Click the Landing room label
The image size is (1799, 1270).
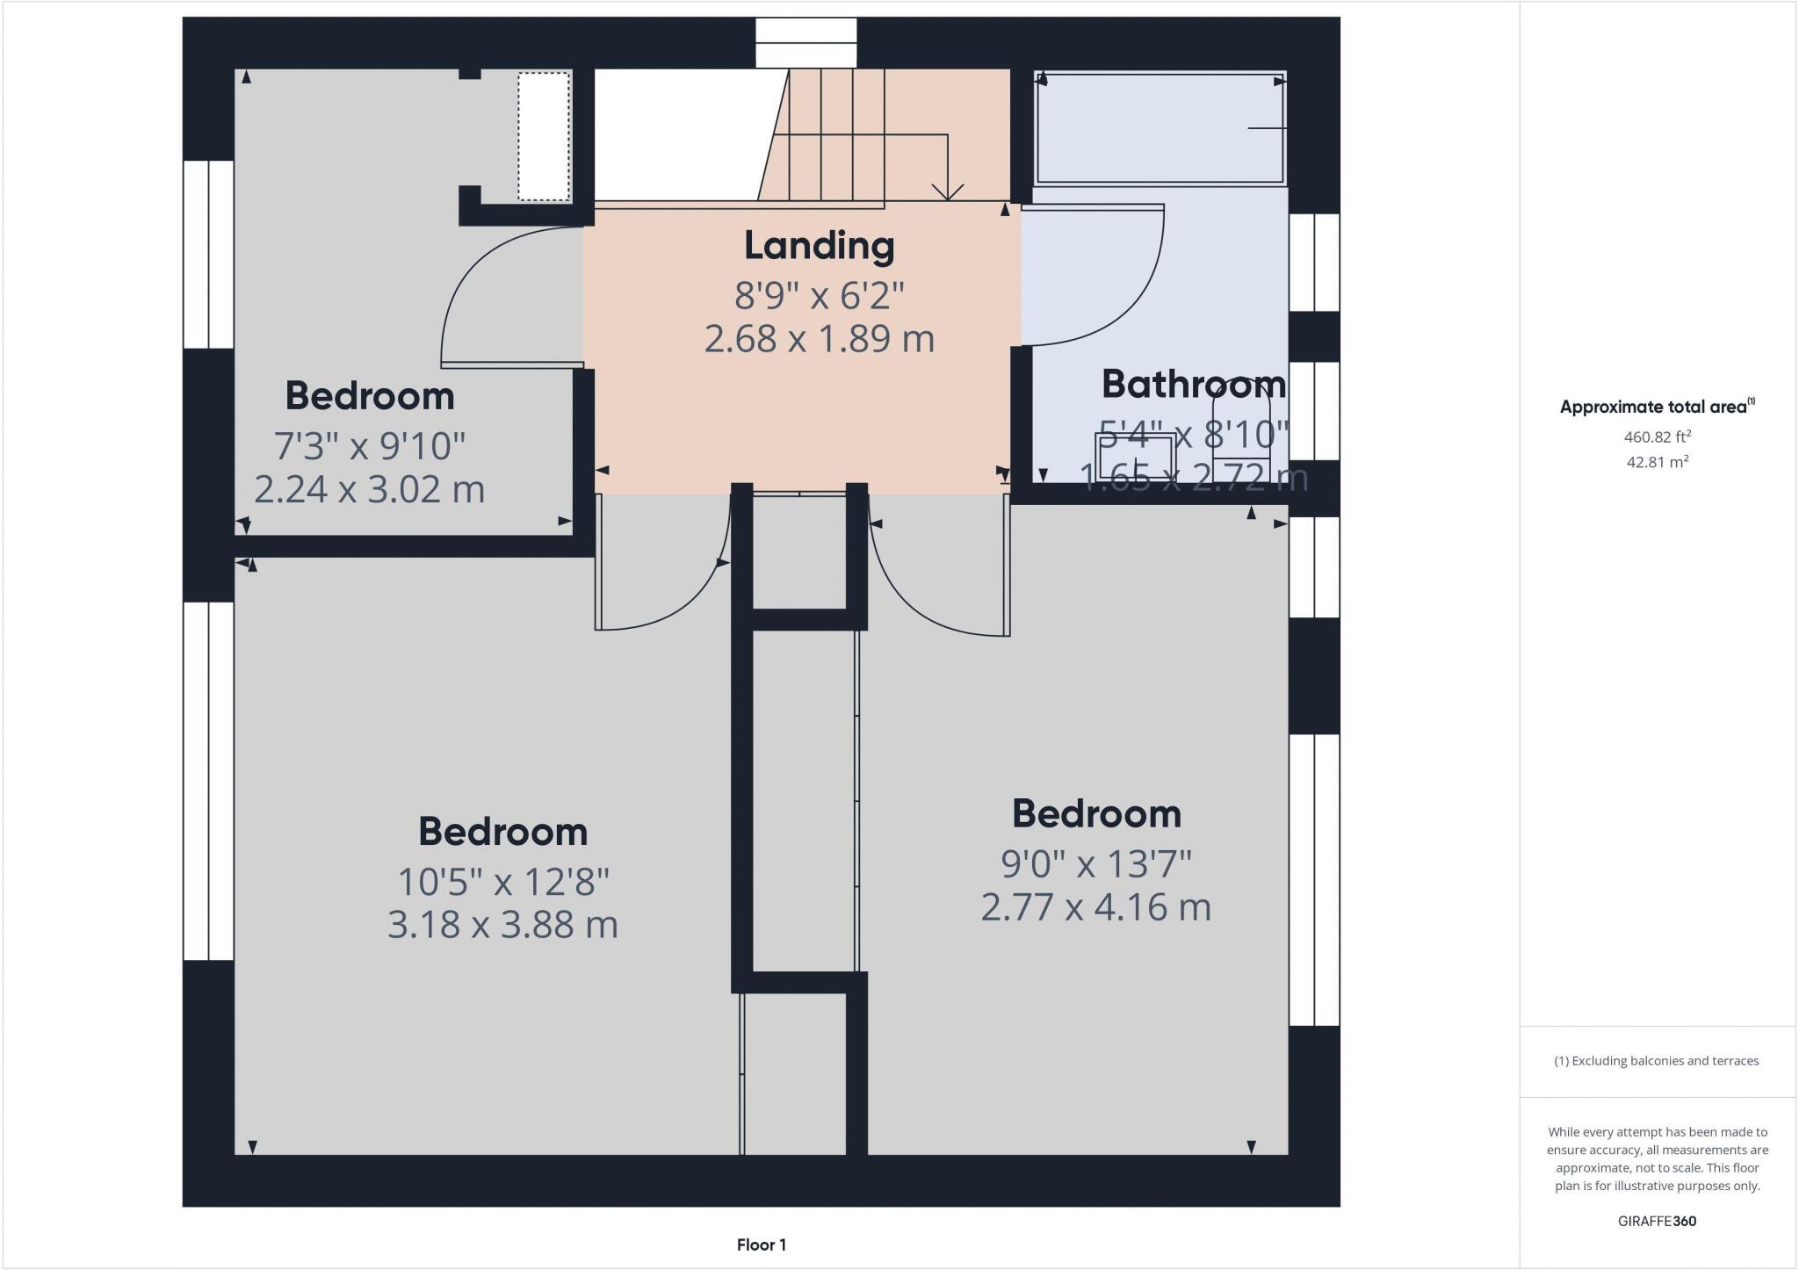click(819, 246)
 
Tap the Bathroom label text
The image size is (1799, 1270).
click(1193, 385)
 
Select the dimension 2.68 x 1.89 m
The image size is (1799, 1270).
click(819, 339)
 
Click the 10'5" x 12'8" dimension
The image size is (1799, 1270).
click(503, 881)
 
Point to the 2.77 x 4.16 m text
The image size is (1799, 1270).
click(1095, 907)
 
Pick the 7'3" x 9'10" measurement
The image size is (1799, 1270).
click(370, 446)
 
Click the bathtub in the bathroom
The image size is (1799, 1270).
click(1160, 128)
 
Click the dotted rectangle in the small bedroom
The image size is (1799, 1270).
click(544, 136)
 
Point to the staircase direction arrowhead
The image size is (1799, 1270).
click(948, 191)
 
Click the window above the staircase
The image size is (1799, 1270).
click(806, 42)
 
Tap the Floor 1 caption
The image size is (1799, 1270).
click(761, 1245)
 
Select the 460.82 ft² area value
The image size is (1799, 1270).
click(1657, 437)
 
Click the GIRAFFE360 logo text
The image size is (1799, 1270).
click(1657, 1221)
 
